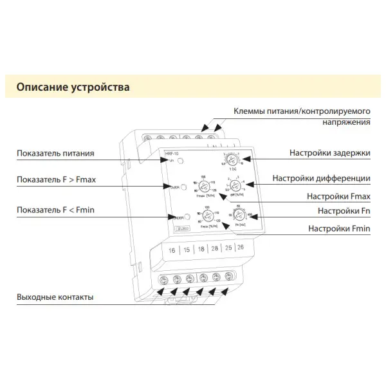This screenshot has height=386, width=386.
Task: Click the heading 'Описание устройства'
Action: [x=73, y=86]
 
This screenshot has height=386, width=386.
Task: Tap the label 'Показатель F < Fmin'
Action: [x=57, y=210]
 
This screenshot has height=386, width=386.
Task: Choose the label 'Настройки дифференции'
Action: [x=321, y=178]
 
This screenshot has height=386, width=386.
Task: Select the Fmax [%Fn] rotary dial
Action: [x=204, y=184]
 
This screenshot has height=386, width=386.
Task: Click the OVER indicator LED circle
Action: [x=183, y=187]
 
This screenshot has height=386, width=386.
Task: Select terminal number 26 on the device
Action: [x=241, y=248]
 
